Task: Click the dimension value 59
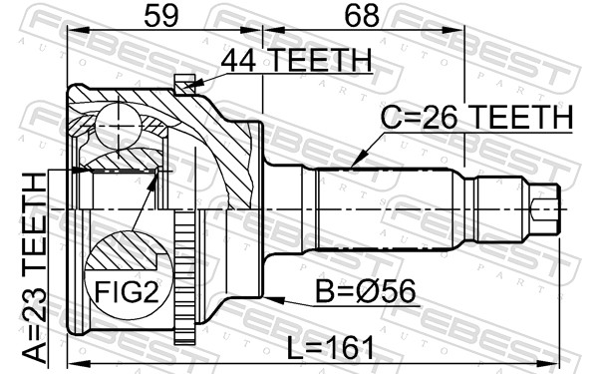pos(161,16)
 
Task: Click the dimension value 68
pos(362,16)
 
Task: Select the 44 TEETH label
pos(296,60)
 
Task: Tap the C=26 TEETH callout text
pos(476,117)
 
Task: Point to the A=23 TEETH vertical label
pos(34,267)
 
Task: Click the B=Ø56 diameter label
pos(366,291)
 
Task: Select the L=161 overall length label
pos(330,348)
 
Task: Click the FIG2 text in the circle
pos(127,291)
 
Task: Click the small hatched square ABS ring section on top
pos(185,85)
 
